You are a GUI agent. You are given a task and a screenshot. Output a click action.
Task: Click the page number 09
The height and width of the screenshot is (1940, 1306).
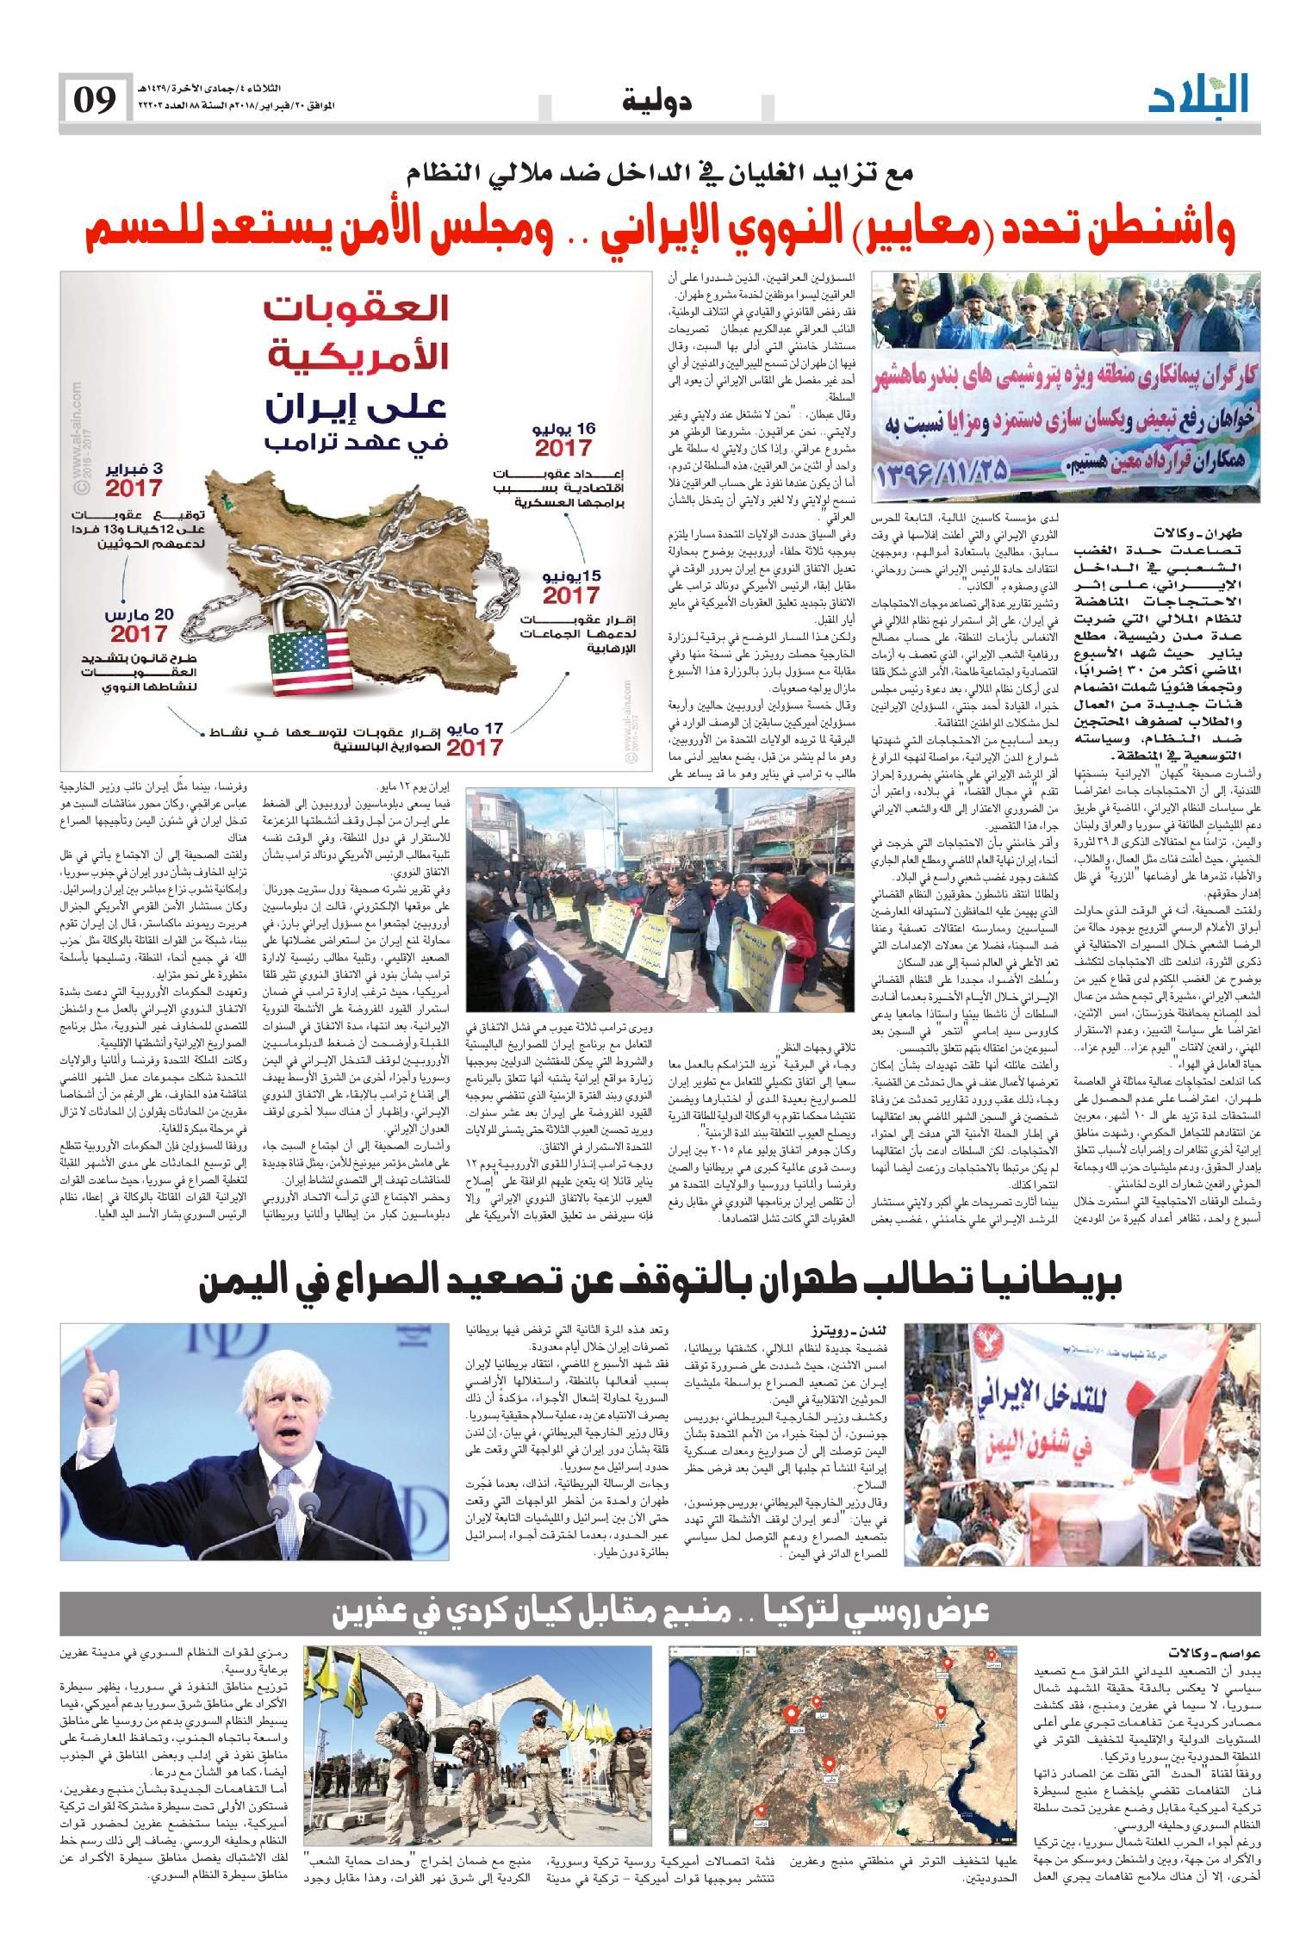click(93, 100)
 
